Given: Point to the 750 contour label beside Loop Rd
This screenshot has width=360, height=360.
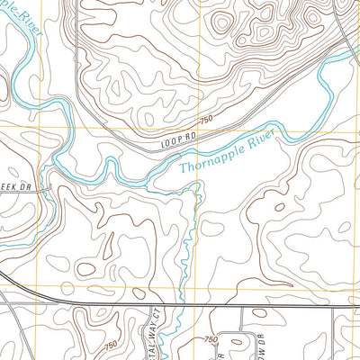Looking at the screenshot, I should tap(206, 120).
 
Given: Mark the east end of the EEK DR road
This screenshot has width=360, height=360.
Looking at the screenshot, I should tap(51, 187).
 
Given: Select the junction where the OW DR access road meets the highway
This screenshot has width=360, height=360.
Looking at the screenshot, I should tap(241, 306).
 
